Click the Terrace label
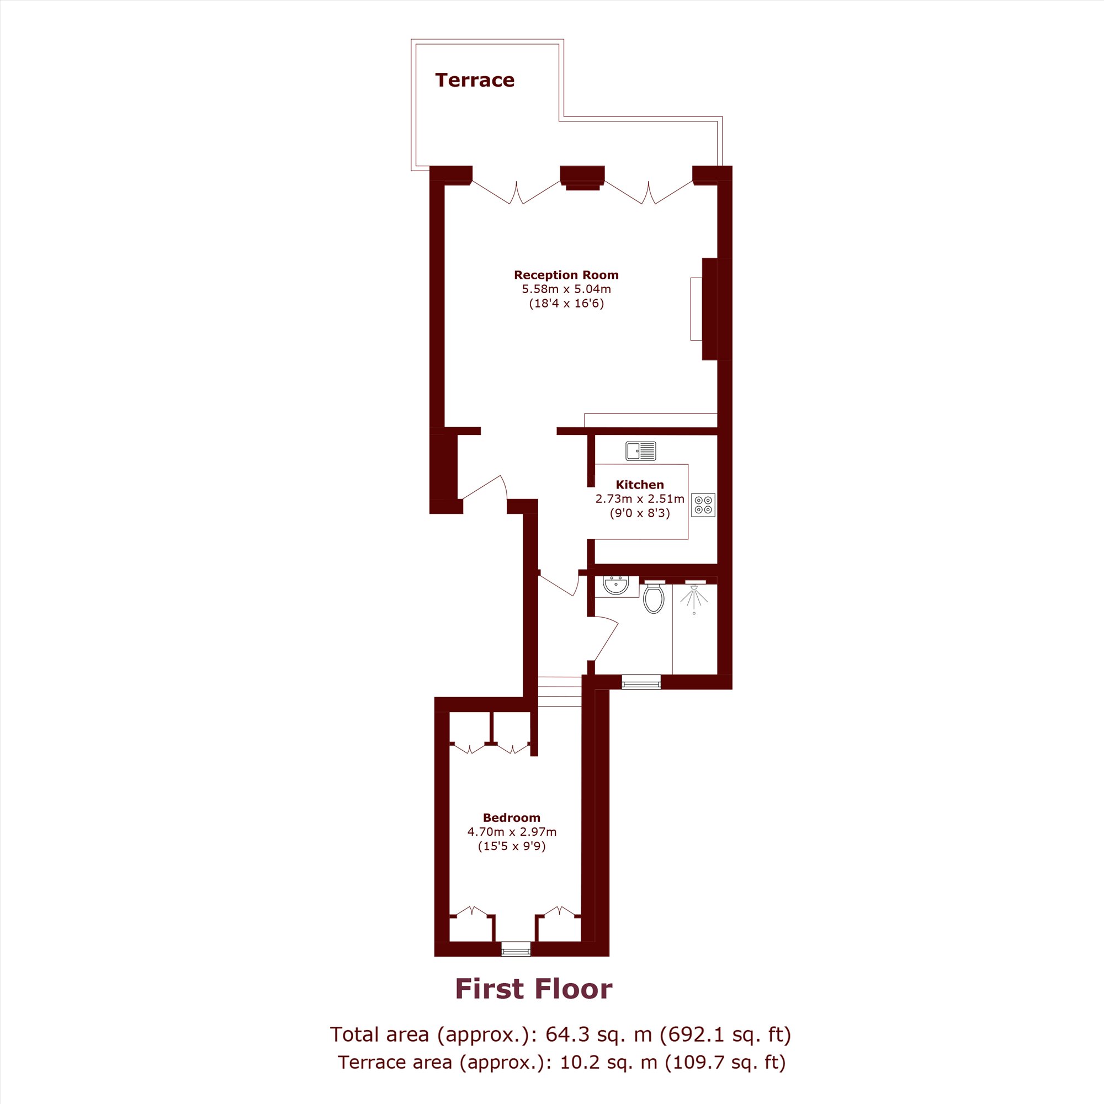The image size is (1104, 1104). [474, 80]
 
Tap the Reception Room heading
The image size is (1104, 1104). [566, 275]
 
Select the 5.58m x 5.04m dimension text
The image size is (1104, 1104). [566, 289]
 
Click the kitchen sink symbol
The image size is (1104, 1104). [640, 451]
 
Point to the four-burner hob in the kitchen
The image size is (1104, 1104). [703, 505]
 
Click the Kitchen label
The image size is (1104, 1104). [639, 485]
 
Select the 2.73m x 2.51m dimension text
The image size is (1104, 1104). [639, 499]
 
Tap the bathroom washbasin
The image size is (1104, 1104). [615, 586]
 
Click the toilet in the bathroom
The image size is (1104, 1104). [654, 597]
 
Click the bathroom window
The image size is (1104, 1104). [641, 682]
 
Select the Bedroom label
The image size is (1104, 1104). [512, 818]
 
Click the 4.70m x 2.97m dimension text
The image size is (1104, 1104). [512, 832]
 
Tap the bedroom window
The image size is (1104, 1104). [516, 949]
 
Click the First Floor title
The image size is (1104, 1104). [534, 989]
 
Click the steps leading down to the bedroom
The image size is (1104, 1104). [560, 692]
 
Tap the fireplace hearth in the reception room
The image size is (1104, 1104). [696, 309]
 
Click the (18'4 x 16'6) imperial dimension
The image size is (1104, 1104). [566, 304]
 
